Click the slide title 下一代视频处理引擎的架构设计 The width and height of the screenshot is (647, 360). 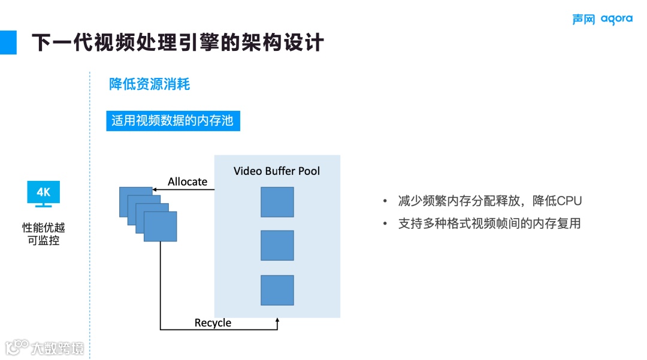(x=177, y=43)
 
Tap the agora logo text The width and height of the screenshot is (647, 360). (x=616, y=19)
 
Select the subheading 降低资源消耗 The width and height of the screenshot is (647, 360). (x=149, y=84)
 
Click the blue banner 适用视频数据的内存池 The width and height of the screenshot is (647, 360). (x=173, y=120)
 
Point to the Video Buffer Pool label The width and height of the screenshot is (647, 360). (x=277, y=171)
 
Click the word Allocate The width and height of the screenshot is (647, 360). (x=188, y=181)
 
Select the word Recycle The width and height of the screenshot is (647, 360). (x=213, y=323)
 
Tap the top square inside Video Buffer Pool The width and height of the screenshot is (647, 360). (x=277, y=202)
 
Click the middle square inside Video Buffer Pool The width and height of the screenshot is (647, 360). (x=277, y=246)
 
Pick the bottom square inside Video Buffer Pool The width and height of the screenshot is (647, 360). (x=277, y=290)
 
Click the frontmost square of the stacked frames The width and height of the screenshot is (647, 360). (x=161, y=226)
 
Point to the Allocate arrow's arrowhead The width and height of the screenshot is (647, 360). (x=155, y=190)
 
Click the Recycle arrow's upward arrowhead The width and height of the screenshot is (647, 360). (x=277, y=322)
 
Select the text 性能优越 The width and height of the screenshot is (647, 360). (x=43, y=228)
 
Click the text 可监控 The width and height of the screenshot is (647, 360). (x=43, y=241)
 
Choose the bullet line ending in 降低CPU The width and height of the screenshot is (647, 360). (x=490, y=201)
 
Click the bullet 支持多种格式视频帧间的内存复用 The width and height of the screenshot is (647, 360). (x=489, y=224)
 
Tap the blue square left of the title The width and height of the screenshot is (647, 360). (x=8, y=42)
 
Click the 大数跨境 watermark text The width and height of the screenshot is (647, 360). (x=58, y=347)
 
